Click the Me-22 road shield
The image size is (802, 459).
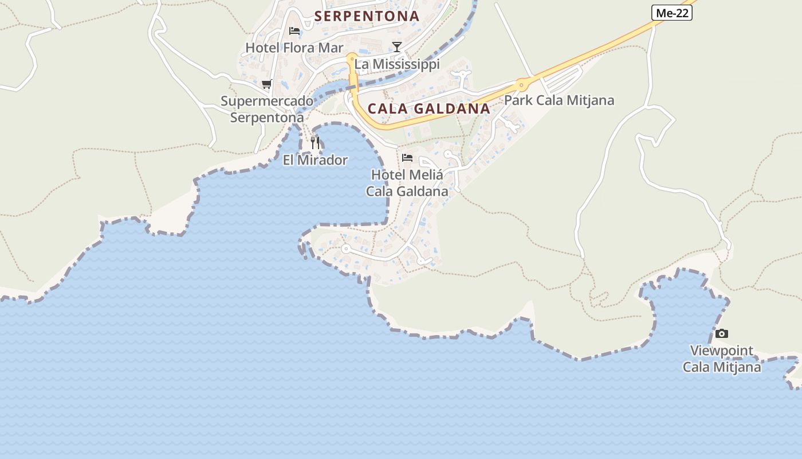(672, 13)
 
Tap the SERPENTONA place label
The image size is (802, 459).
(367, 16)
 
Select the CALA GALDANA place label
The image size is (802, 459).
(428, 108)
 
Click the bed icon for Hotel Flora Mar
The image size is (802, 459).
(294, 30)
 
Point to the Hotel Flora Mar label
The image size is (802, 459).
(294, 48)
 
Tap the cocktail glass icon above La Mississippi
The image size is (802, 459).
(396, 46)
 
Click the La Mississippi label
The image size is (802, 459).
(397, 64)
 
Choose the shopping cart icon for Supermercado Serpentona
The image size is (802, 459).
(266, 84)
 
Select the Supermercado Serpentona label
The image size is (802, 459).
(267, 110)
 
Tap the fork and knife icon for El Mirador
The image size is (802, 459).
(315, 142)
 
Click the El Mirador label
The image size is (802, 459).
(315, 160)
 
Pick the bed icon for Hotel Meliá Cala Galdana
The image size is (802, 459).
(407, 157)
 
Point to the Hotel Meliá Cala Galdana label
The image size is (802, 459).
(407, 183)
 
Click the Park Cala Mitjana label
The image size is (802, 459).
(559, 100)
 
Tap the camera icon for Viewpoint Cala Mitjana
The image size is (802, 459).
(722, 333)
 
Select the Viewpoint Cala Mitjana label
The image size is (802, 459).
(722, 359)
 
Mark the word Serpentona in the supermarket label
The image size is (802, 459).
(267, 118)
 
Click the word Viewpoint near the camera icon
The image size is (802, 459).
(721, 351)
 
